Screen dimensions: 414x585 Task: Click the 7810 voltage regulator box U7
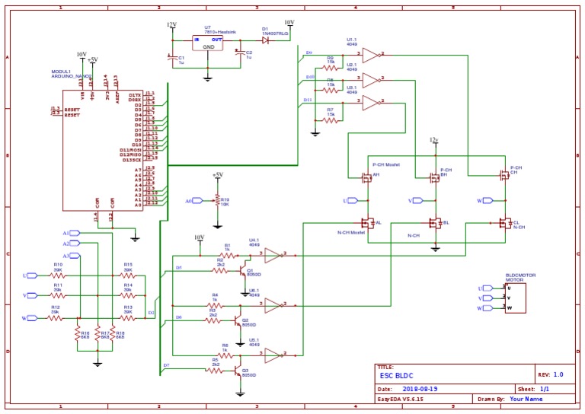pos(208,43)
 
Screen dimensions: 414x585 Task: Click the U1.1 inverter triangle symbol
pos(370,55)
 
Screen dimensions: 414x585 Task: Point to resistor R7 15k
pos(331,119)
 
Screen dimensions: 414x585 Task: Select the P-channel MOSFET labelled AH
pos(367,177)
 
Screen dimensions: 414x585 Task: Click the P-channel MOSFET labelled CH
pos(504,175)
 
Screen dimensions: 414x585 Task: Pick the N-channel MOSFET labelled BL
pos(436,223)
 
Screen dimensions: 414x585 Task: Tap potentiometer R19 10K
pos(217,201)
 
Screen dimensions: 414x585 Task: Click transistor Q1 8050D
pos(241,272)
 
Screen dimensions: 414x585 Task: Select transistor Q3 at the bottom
pos(238,372)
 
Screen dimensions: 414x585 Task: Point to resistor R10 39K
pos(57,275)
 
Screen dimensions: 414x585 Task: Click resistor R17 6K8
pos(97,334)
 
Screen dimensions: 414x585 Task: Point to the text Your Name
pos(526,398)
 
